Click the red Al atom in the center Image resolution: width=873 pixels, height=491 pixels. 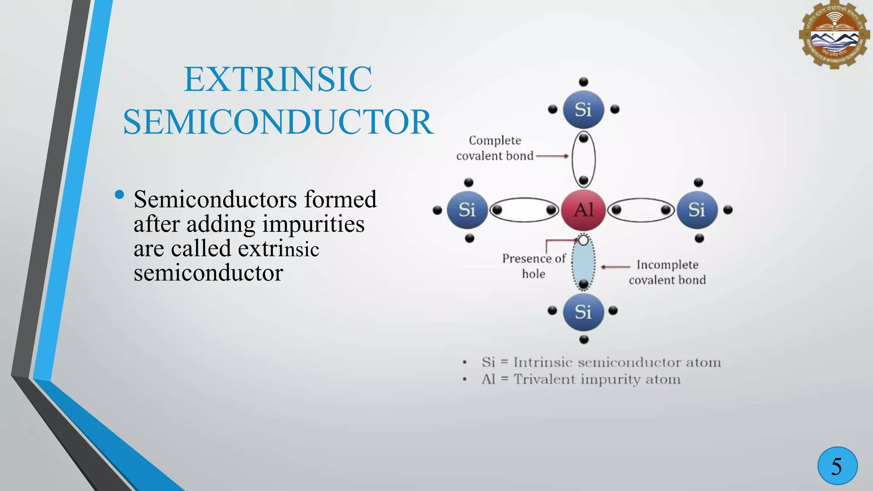click(x=583, y=210)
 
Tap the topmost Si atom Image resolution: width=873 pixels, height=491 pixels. click(x=583, y=110)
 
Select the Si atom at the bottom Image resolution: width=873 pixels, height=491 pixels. click(x=583, y=312)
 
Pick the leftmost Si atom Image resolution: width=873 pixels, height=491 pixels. click(x=467, y=210)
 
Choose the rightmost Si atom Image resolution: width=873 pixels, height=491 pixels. click(x=697, y=210)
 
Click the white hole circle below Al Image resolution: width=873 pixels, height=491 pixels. click(x=584, y=240)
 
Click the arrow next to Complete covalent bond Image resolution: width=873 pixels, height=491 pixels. click(x=552, y=156)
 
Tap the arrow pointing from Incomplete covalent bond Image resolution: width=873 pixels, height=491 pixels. click(x=615, y=267)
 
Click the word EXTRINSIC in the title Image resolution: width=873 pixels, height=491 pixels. click(x=278, y=79)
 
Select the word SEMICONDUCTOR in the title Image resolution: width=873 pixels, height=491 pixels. click(x=278, y=122)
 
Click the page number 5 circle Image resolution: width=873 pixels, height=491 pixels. click(x=837, y=466)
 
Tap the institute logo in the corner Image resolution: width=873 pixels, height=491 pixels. click(x=834, y=35)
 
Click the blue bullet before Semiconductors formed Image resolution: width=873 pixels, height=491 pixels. click(x=119, y=195)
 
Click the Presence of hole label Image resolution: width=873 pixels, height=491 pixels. click(x=534, y=266)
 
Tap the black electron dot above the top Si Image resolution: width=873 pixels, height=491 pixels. click(x=584, y=82)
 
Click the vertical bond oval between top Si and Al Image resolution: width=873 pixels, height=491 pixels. click(x=583, y=159)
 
